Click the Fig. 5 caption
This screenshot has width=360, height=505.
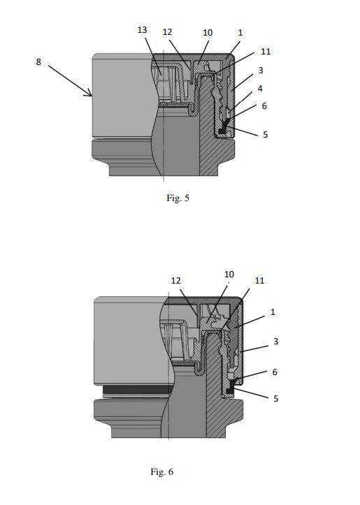178,198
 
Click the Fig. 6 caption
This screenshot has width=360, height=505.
161,472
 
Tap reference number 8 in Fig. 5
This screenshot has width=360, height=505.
38,62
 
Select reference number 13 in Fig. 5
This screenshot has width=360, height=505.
142,30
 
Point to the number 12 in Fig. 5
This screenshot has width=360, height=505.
167,32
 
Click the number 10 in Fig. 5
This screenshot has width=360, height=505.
208,33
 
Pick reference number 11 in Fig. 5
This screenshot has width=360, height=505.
266,52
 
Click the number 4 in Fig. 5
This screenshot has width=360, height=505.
260,88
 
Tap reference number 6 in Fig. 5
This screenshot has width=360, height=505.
264,106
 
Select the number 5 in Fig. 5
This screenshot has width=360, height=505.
265,135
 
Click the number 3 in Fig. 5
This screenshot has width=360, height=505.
261,70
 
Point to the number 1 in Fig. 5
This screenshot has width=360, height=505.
240,33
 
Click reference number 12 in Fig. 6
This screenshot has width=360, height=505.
175,281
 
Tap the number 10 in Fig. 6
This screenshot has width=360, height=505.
229,275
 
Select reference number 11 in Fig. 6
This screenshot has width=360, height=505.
259,281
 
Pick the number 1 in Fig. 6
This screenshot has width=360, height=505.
273,312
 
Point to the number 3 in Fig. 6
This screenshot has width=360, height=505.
276,341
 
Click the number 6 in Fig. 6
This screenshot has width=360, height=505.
275,372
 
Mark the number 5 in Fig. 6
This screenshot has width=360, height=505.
276,399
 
